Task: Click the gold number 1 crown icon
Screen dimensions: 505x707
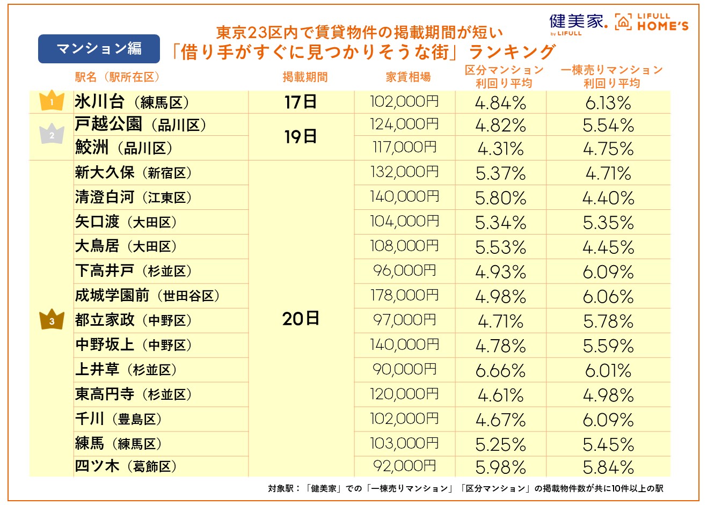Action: coord(52,101)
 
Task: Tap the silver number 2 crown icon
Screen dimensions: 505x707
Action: coord(52,135)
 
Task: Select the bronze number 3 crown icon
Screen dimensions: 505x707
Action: coord(52,320)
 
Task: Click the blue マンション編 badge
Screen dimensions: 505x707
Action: coord(99,49)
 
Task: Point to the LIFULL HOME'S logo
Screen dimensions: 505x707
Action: coord(652,23)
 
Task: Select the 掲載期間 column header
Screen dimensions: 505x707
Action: coord(305,77)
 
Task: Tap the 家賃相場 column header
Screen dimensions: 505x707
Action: coord(408,77)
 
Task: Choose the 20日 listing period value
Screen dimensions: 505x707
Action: coord(301,319)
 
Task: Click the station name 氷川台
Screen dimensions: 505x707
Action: coord(100,101)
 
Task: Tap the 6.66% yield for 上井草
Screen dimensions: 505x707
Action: coord(500,370)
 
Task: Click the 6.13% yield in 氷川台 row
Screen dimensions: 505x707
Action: coord(608,103)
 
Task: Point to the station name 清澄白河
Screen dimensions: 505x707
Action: coord(105,197)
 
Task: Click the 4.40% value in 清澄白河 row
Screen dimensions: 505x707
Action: coord(608,199)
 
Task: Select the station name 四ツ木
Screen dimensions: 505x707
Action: coord(97,466)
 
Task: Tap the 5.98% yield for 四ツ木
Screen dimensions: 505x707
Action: coord(500,467)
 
